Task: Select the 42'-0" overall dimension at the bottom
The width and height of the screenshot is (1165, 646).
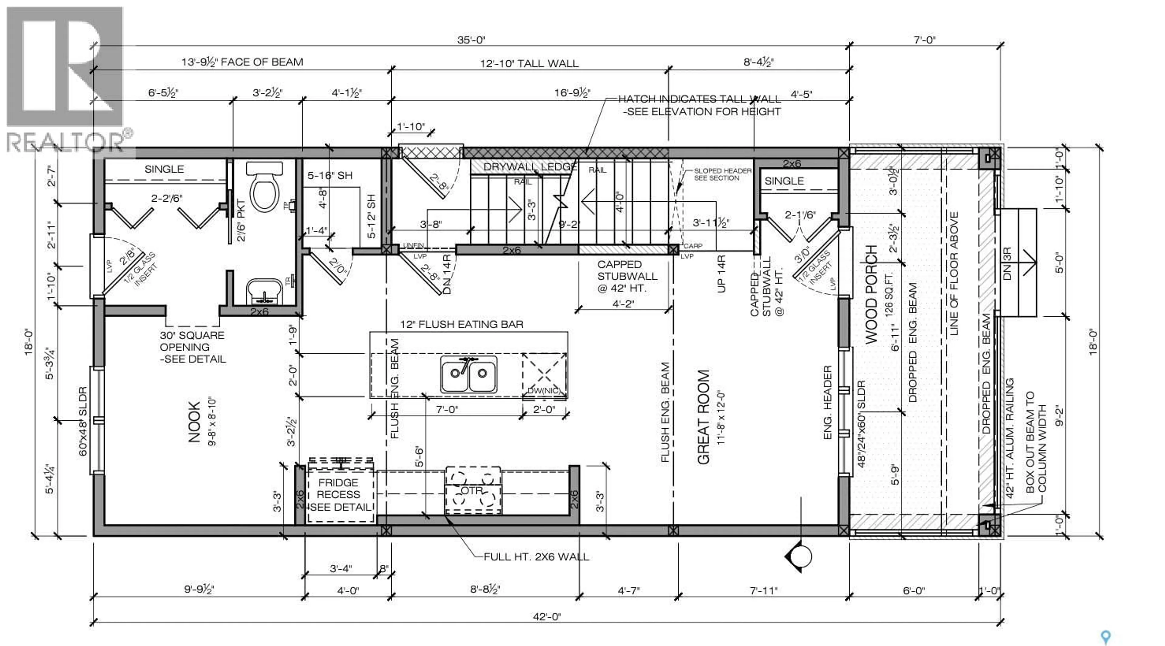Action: (x=547, y=617)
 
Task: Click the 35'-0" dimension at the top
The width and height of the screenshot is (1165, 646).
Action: (x=471, y=40)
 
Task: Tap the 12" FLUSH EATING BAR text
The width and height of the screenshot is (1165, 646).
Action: (x=461, y=324)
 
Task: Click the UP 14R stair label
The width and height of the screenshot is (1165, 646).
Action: (x=721, y=274)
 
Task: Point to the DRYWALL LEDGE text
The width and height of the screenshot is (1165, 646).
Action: (x=530, y=167)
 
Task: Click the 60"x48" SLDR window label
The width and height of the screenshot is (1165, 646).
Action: (x=83, y=421)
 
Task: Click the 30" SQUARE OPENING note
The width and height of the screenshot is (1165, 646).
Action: (x=192, y=347)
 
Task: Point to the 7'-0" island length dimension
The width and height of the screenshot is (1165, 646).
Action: (x=446, y=409)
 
